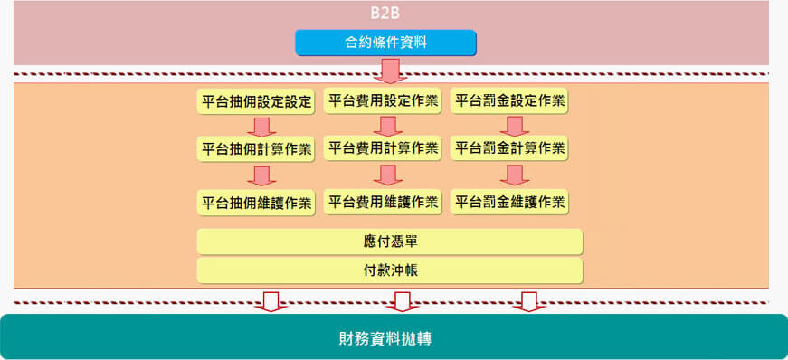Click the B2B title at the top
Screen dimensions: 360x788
[385, 14]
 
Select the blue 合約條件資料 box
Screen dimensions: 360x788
[385, 42]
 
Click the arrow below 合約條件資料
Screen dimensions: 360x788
[391, 70]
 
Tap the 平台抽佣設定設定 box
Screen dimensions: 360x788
[256, 101]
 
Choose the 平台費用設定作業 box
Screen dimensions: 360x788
[383, 100]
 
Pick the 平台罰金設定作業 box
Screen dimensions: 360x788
[510, 100]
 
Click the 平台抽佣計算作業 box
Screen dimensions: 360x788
[256, 148]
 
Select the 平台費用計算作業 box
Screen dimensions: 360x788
[383, 147]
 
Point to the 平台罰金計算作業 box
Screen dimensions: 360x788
[510, 147]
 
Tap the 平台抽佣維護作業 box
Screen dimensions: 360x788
[256, 203]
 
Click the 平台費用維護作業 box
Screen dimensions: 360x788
[383, 202]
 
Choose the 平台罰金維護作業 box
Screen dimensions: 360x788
[510, 202]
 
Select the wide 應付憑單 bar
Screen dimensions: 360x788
[389, 242]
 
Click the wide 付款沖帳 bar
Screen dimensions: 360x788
[389, 270]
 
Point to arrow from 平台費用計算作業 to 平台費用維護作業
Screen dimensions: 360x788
[388, 175]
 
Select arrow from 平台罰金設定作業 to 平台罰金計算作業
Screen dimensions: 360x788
[516, 125]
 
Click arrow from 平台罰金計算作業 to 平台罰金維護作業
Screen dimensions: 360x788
[516, 175]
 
